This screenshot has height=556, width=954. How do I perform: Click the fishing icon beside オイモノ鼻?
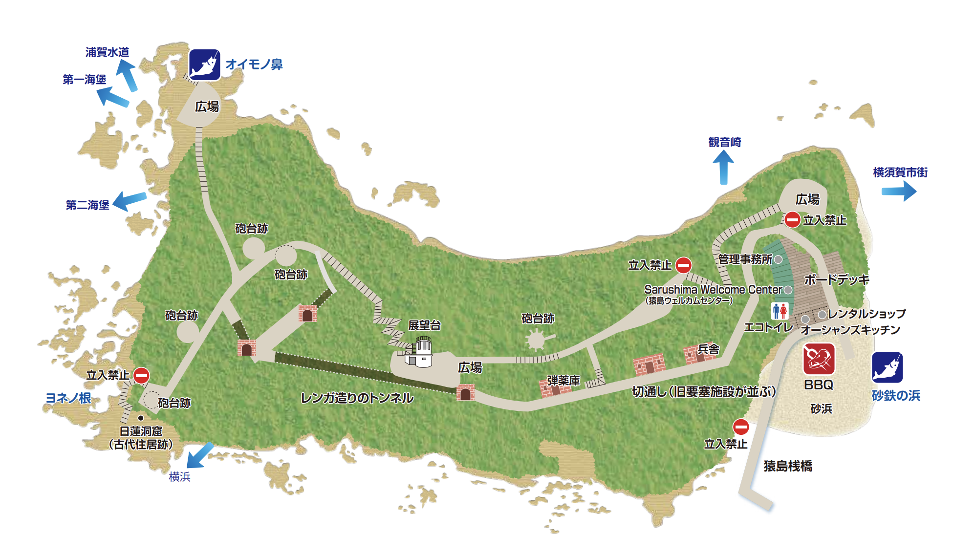[x=204, y=64]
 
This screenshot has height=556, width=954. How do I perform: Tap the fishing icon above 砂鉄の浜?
[x=887, y=367]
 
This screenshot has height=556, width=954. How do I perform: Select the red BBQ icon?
[x=819, y=359]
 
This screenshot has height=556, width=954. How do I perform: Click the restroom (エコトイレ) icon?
[x=780, y=311]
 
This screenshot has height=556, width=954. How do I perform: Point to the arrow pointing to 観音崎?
[x=723, y=167]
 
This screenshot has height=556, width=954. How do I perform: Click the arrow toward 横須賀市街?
[x=899, y=191]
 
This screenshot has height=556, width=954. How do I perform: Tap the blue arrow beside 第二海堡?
[x=130, y=200]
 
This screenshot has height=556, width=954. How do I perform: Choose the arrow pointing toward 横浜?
[x=200, y=455]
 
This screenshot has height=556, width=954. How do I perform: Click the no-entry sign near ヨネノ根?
[x=141, y=375]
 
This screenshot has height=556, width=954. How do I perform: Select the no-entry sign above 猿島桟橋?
[x=741, y=427]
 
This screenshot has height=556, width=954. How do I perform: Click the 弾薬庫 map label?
[x=563, y=380]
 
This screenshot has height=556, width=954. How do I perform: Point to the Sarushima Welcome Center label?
[x=713, y=289]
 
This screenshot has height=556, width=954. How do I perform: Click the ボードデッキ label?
[x=837, y=279]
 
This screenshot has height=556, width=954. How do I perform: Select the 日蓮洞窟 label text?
[x=141, y=431]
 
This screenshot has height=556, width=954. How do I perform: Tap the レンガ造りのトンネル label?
[x=357, y=398]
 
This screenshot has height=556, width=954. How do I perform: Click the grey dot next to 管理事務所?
[x=778, y=259]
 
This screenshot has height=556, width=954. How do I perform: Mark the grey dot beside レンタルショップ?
[x=822, y=314]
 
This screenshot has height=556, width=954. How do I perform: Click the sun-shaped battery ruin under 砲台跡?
[x=536, y=339]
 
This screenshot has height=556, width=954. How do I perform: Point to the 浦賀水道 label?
[x=107, y=52]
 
